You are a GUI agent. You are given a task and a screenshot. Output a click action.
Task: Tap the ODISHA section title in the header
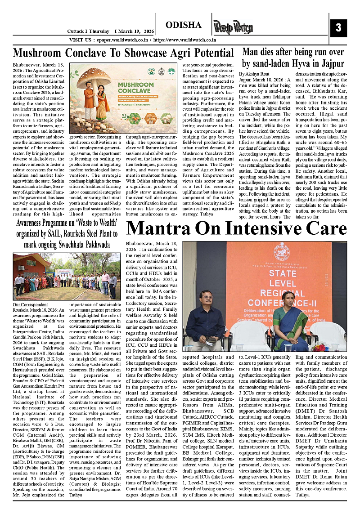pyautogui.click(x=184, y=24)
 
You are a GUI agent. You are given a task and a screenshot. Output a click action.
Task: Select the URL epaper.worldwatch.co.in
pyautogui.click(x=119, y=40)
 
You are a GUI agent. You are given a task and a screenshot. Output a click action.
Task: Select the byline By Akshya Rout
pyautogui.click(x=254, y=73)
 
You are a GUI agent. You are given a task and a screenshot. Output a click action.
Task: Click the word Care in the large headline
pyautogui.click(x=327, y=228)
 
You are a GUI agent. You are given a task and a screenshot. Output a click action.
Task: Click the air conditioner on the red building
pyautogui.click(x=21, y=268)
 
